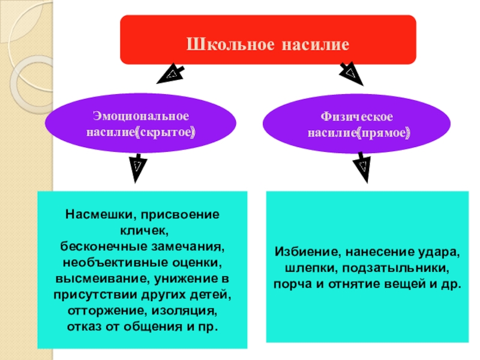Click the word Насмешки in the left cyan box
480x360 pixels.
[92, 214]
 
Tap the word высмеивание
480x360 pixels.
[101, 280]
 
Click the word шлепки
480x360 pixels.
[296, 268]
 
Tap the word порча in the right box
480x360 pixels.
[289, 284]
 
